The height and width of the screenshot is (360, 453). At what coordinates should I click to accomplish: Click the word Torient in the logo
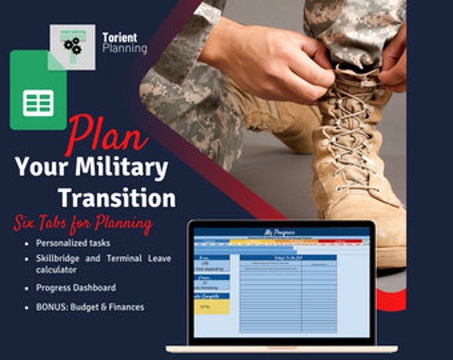pyautogui.click(x=119, y=38)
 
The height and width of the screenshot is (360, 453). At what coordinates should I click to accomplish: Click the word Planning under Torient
pyautogui.click(x=124, y=48)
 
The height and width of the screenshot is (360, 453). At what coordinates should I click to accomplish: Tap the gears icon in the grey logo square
pyautogui.click(x=72, y=46)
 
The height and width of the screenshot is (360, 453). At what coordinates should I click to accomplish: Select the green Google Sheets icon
pyautogui.click(x=38, y=91)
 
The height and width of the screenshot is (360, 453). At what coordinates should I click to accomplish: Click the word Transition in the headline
pyautogui.click(x=117, y=198)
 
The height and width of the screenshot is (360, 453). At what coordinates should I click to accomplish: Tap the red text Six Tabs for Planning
pyautogui.click(x=83, y=224)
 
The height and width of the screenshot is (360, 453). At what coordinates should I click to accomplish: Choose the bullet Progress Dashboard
pyautogui.click(x=76, y=288)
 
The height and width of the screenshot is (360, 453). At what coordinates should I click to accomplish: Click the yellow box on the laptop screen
pyautogui.click(x=212, y=306)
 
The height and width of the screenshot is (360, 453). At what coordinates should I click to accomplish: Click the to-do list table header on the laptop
pyautogui.click(x=288, y=257)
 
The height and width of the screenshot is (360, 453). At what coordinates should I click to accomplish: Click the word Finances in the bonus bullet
pyautogui.click(x=128, y=307)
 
